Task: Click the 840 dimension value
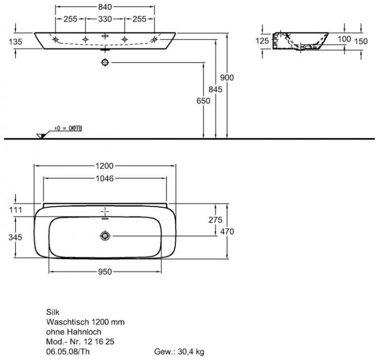(105, 7)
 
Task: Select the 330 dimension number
(105, 19)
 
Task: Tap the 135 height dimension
(16, 42)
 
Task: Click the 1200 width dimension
(105, 165)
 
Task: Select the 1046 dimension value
(105, 178)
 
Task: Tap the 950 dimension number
(105, 272)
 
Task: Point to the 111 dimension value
(16, 209)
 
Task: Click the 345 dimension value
(16, 237)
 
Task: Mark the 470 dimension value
(227, 231)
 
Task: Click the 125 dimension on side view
(262, 41)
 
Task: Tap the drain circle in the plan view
(105, 235)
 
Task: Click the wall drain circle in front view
(105, 62)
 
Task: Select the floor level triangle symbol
(40, 135)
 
